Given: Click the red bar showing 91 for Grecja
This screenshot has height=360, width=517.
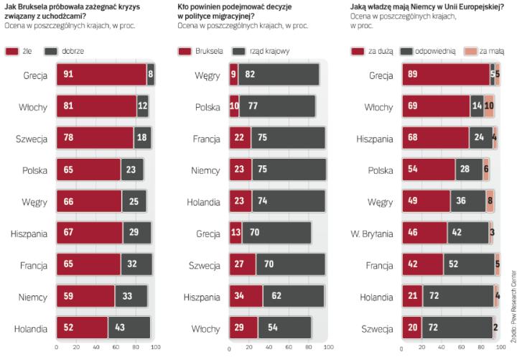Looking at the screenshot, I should (101, 75).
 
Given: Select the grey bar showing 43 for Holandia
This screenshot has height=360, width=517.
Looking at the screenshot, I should (129, 327).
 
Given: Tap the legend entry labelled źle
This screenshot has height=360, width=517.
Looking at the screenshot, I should (22, 51).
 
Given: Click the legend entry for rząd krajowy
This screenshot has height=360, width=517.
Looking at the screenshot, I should (252, 51).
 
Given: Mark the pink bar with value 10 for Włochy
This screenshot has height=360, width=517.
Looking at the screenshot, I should (488, 106).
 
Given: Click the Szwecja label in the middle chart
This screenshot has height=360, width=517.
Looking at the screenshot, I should (203, 264).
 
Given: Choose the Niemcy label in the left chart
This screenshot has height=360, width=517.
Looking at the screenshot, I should (32, 295).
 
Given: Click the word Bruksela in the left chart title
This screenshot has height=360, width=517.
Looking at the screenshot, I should (37, 6).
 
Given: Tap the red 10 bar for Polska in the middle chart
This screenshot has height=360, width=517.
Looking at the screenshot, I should (234, 106).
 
